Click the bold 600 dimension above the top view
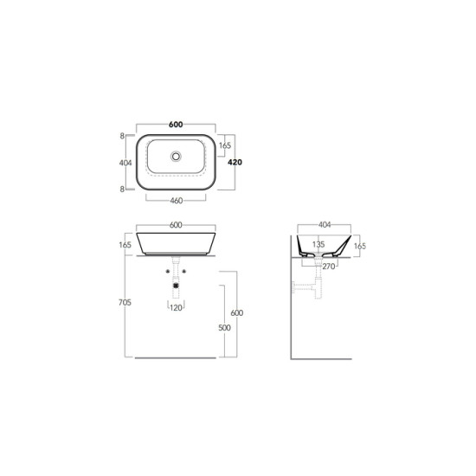pos(176,125)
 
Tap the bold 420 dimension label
pos(235,163)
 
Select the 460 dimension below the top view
pos(177,201)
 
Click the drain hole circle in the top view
pos(176,157)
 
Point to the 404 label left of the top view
pos(125,163)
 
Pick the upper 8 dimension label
pos(122,136)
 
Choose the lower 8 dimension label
pos(122,190)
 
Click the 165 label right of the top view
pos(225,145)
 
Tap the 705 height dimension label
pos(125,302)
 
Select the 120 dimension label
pos(176,308)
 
